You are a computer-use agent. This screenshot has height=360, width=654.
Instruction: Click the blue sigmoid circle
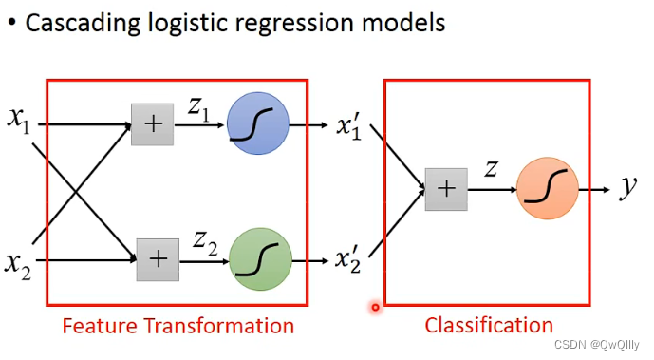pyautogui.click(x=258, y=123)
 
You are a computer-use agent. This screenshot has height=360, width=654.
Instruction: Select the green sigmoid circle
pyautogui.click(x=260, y=259)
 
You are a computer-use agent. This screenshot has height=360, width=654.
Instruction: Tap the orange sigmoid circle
pyautogui.click(x=548, y=188)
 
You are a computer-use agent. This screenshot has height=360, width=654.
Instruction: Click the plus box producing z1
pyautogui.click(x=152, y=124)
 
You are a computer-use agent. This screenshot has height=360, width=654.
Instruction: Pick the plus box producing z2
pyautogui.click(x=159, y=259)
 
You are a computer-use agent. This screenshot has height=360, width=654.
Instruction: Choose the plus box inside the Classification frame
pyautogui.click(x=446, y=189)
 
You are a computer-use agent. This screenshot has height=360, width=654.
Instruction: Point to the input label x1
pyautogui.click(x=19, y=120)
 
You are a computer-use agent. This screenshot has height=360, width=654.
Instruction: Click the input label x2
pyautogui.click(x=18, y=265)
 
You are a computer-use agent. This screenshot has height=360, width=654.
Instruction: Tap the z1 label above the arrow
pyautogui.click(x=198, y=109)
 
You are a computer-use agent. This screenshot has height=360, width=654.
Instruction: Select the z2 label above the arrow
pyautogui.click(x=205, y=243)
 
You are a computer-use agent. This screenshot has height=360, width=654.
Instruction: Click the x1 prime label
pyautogui.click(x=348, y=125)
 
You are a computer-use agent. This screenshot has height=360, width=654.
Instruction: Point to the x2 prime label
pyautogui.click(x=347, y=259)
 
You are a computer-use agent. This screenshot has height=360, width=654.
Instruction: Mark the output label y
pyautogui.click(x=628, y=187)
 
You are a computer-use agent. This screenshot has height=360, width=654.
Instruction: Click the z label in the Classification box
pyautogui.click(x=492, y=169)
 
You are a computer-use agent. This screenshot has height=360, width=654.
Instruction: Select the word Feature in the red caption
pyautogui.click(x=100, y=326)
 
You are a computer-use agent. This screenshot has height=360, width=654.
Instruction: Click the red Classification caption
pyautogui.click(x=489, y=326)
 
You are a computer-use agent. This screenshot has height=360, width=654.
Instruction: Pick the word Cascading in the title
pyautogui.click(x=83, y=24)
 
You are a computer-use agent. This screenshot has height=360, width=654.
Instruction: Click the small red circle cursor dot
pyautogui.click(x=375, y=308)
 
